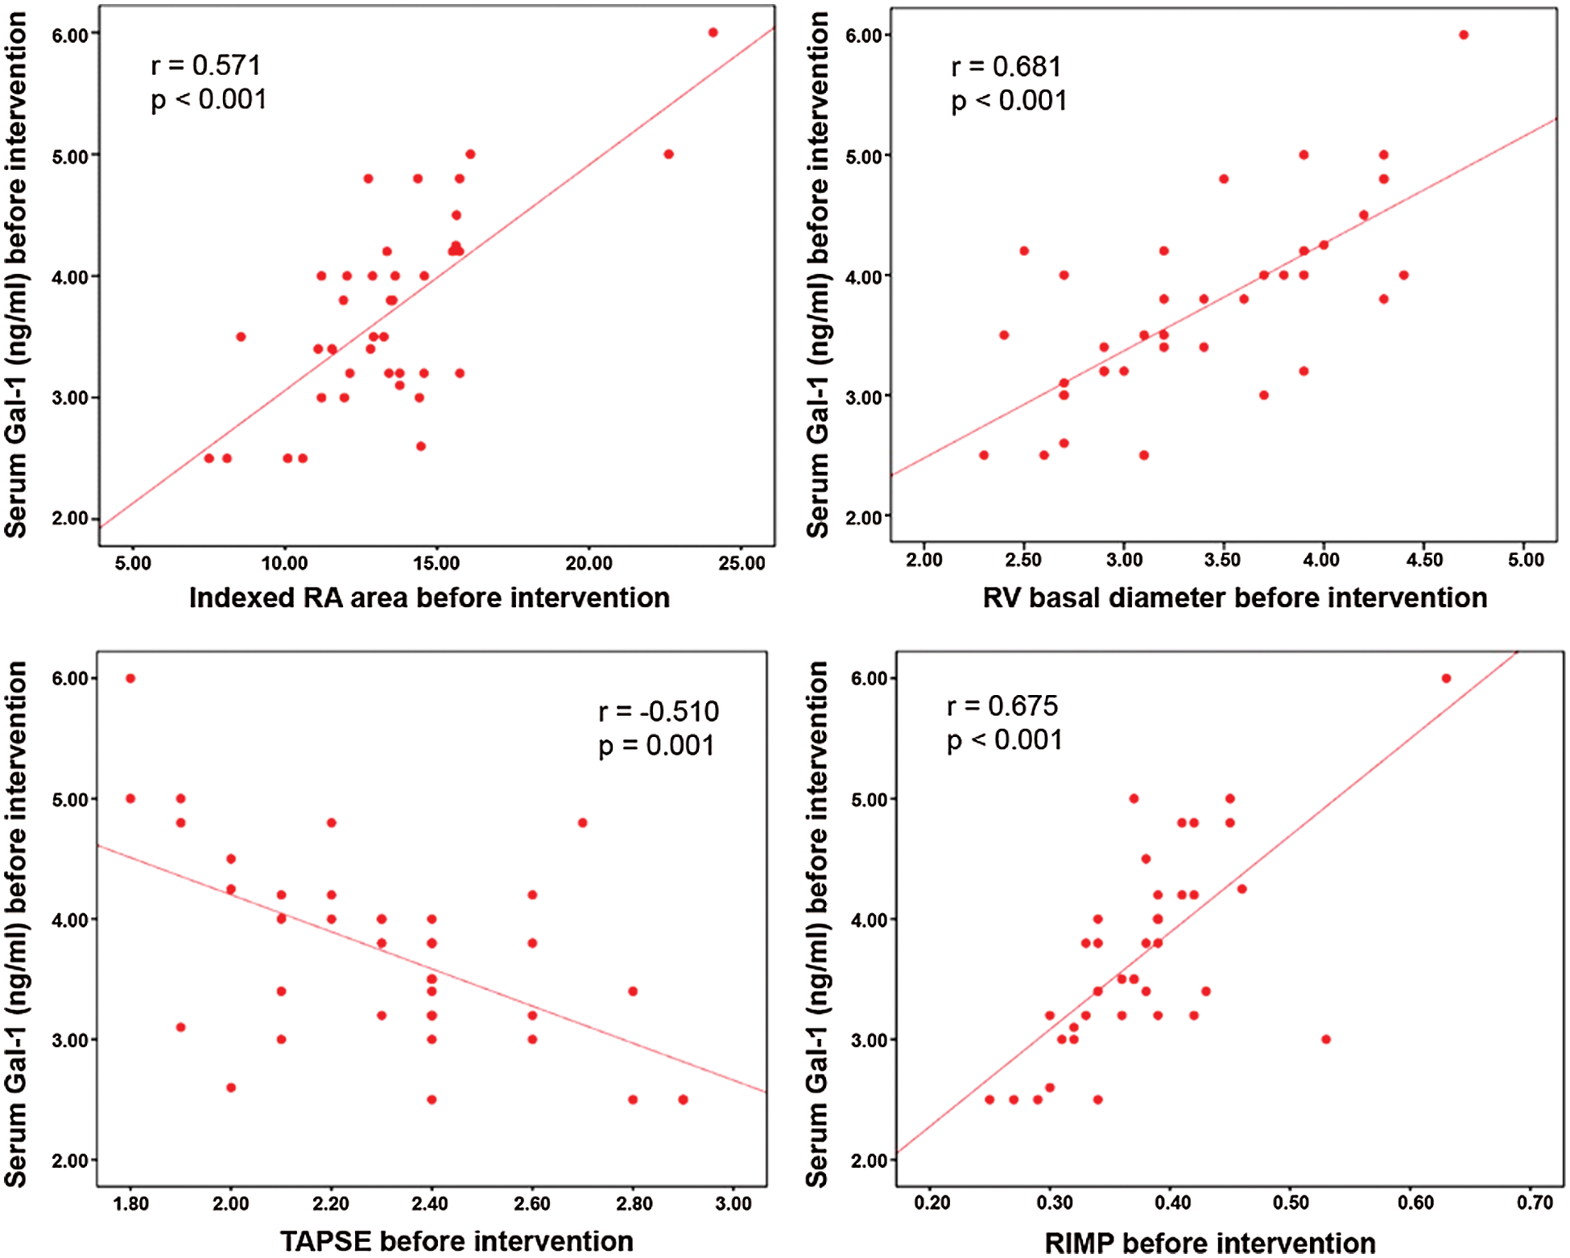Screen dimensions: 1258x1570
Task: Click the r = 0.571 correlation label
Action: [205, 65]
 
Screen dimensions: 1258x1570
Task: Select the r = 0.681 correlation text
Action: [1006, 67]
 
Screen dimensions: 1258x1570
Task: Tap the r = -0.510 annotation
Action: [658, 712]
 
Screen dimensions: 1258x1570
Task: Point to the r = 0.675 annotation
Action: [1002, 706]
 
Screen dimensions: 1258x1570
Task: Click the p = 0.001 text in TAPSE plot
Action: [656, 746]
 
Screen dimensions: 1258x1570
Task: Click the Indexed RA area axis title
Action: [429, 598]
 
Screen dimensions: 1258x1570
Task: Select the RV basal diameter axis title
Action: [1234, 598]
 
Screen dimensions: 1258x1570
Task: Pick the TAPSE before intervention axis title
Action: [457, 1241]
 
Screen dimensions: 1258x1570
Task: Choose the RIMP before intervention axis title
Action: [1209, 1243]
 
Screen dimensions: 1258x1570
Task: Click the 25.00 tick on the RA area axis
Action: [742, 563]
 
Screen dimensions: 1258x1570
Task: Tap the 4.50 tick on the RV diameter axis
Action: [1423, 560]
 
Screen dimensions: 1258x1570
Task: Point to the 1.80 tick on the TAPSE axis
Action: [130, 1203]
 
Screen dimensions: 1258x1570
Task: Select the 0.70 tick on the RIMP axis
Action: [1534, 1202]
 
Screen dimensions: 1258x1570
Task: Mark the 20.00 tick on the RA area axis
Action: [589, 563]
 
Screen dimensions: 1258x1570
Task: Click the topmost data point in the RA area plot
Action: [713, 33]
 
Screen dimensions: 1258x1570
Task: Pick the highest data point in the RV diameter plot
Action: [1463, 35]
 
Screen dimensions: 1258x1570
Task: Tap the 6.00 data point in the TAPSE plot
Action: [130, 678]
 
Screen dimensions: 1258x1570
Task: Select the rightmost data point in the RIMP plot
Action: [1446, 678]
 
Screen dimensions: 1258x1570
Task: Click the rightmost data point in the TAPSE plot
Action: [683, 1099]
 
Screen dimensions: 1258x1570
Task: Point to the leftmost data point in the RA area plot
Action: [209, 458]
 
